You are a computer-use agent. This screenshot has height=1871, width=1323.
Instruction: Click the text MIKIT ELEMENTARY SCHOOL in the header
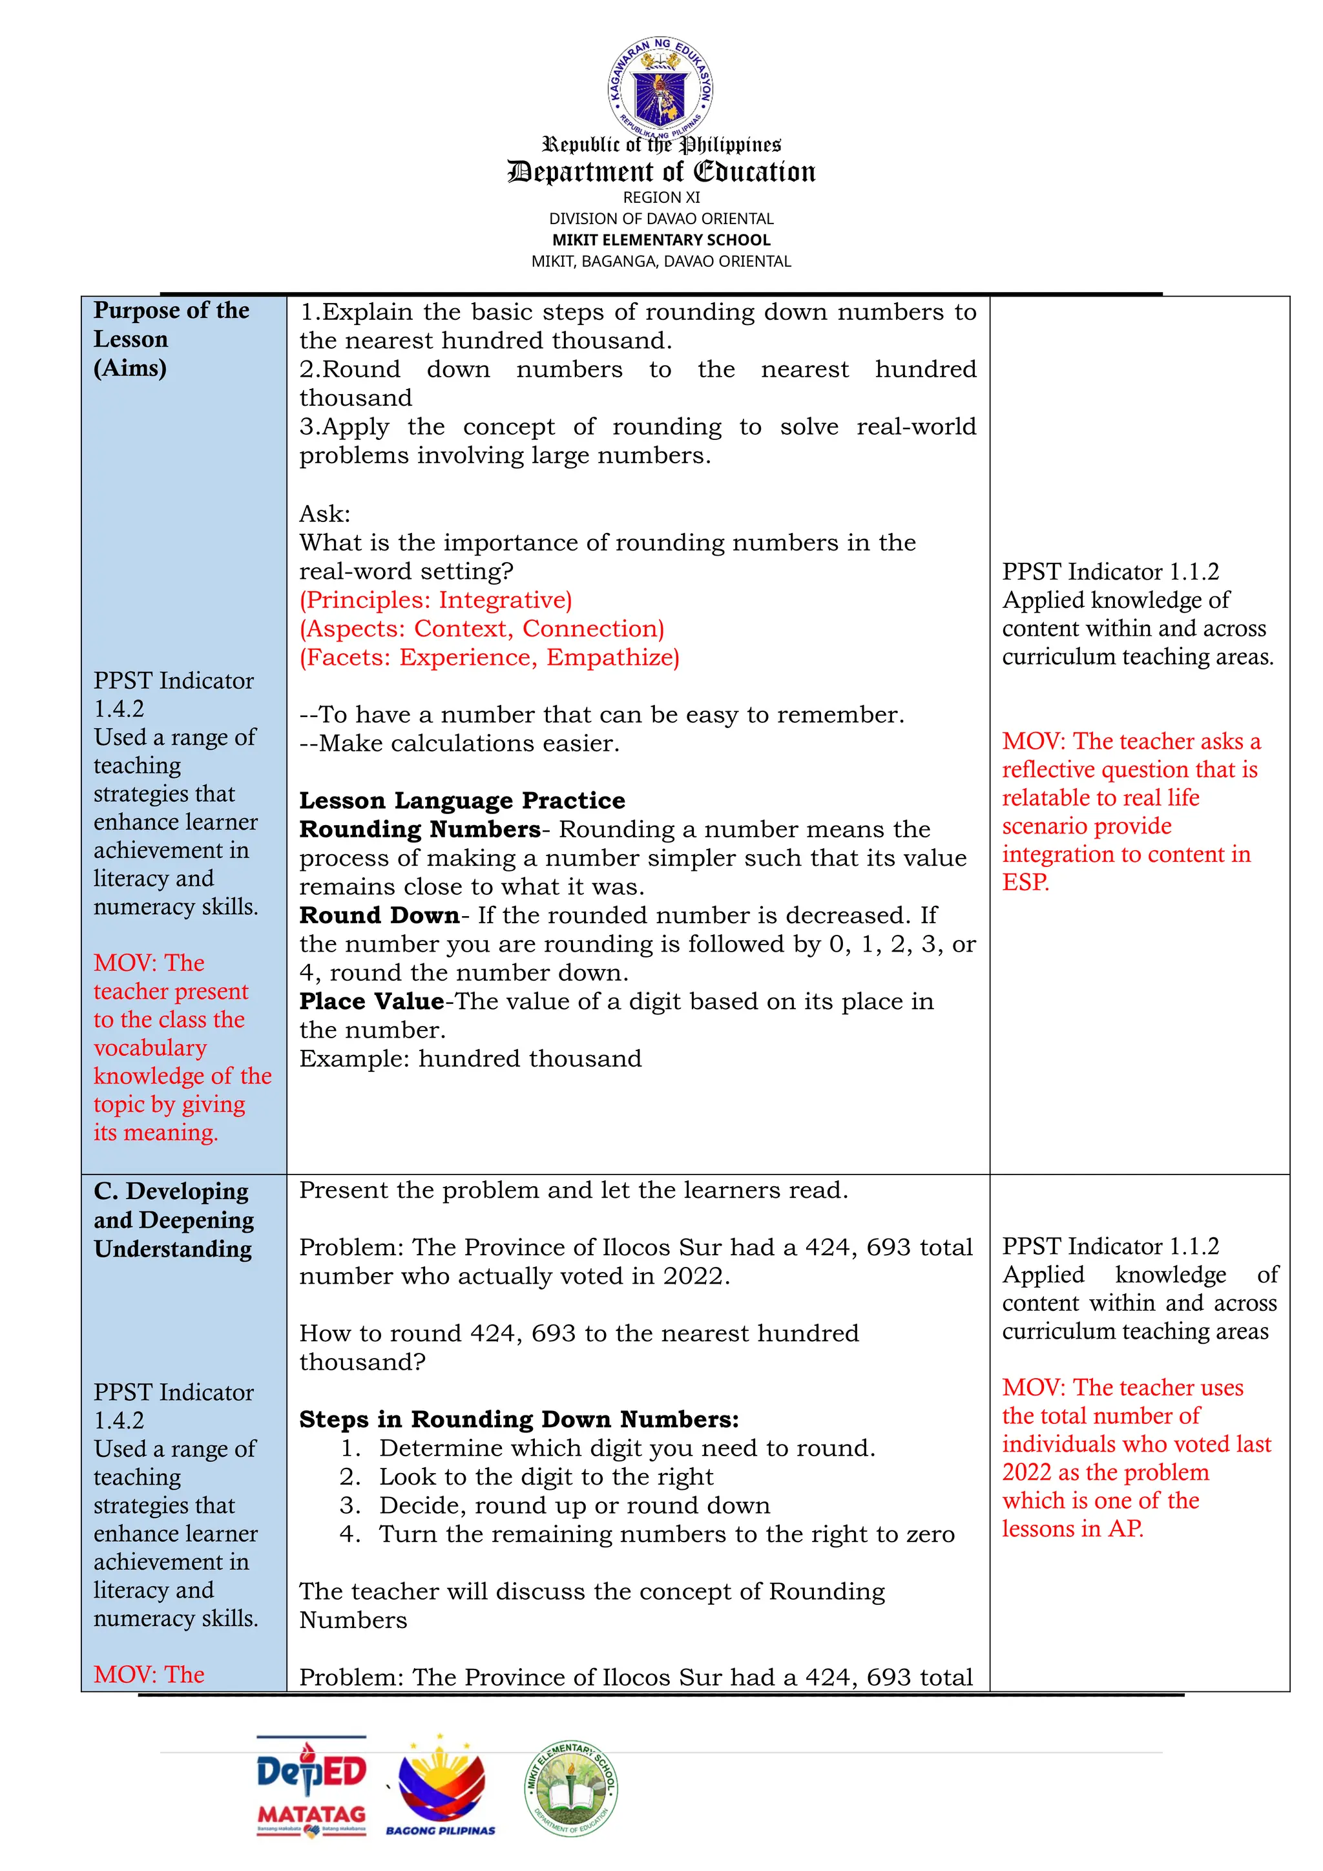[x=661, y=240]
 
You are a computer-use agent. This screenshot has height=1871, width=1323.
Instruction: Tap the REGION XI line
[x=661, y=197]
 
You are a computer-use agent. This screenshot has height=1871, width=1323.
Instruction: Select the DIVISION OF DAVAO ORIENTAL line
[x=661, y=218]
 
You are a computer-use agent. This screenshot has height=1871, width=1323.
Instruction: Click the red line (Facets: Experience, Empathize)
[x=489, y=657]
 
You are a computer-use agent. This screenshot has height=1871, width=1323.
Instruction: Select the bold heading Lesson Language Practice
[x=462, y=800]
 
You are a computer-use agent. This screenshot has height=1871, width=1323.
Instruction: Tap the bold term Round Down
[x=379, y=915]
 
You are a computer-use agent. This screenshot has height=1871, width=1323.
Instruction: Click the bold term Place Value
[x=371, y=1001]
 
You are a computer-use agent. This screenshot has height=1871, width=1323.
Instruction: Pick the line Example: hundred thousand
[x=470, y=1058]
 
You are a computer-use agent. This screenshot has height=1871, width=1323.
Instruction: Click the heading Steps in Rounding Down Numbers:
[x=519, y=1419]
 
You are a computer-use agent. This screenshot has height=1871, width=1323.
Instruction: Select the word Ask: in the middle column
[x=324, y=514]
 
